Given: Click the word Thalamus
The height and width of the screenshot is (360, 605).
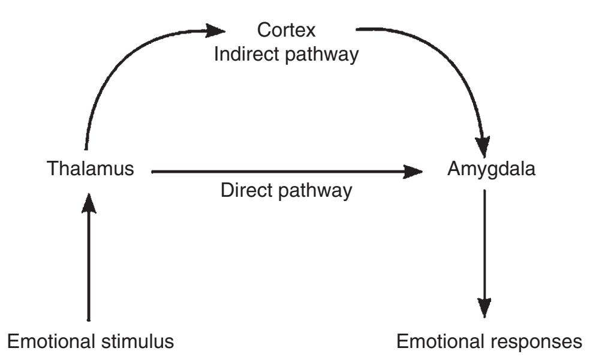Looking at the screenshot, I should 90,170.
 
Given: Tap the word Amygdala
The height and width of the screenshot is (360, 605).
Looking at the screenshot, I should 491,170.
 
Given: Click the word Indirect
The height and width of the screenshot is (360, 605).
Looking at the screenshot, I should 247,55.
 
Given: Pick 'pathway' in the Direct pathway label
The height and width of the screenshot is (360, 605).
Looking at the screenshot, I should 318,191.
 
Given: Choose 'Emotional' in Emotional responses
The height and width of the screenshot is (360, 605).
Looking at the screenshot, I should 441,342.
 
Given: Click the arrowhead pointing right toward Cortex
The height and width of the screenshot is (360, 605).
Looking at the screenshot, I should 216,28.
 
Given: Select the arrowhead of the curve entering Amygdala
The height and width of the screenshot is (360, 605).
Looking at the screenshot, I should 483,146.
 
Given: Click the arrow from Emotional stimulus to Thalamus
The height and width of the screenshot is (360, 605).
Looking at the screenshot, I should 89,264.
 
